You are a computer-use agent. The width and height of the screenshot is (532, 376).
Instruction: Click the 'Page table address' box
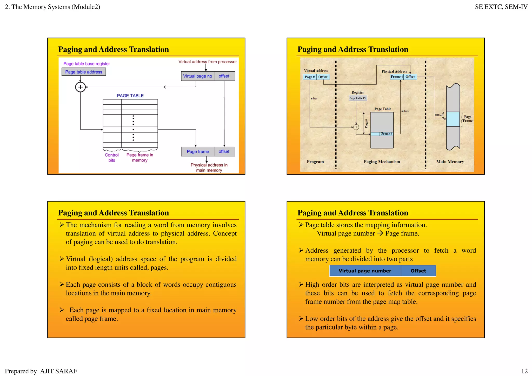coord(84,72)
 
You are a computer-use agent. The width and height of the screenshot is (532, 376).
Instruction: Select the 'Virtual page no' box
coord(198,76)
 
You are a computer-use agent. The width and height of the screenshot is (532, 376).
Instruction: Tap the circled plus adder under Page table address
coord(80,87)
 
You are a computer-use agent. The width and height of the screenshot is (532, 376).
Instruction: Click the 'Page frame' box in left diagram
coord(198,152)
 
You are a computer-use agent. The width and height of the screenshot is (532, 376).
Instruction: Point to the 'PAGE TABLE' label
coord(130,96)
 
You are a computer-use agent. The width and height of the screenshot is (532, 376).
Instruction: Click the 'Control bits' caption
coord(112,158)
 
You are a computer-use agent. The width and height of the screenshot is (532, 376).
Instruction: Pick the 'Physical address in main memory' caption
coord(209,167)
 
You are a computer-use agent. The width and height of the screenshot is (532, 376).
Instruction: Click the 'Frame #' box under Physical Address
coord(397,77)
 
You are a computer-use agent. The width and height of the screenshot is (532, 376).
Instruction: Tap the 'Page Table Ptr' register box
coord(358,98)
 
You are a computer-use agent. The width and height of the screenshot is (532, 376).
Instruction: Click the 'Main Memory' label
coord(450,162)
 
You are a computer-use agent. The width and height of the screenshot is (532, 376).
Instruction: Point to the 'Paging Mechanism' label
coord(382,162)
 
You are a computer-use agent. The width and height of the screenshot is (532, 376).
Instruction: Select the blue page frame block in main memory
coord(453,119)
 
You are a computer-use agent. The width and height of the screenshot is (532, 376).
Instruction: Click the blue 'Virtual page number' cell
coord(365,271)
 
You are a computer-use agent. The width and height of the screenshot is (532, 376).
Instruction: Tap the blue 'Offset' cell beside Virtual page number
coord(418,271)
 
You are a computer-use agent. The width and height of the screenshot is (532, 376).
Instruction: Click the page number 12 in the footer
coord(524,371)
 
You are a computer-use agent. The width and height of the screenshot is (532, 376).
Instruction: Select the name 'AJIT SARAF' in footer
coord(58,371)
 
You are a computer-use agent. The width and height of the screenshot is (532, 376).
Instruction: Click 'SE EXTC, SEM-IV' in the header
coord(501,7)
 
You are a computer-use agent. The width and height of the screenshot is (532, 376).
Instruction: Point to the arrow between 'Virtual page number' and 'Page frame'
coord(380,233)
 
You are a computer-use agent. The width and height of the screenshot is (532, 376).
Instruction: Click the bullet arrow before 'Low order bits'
coord(301,318)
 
